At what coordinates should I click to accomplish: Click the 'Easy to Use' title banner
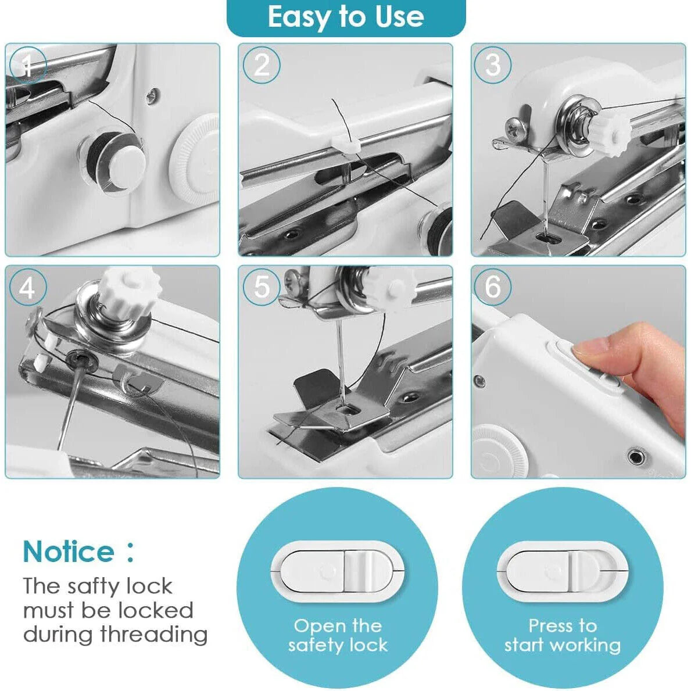click(346, 17)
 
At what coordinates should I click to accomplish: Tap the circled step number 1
click(27, 65)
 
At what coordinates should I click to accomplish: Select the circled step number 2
click(262, 65)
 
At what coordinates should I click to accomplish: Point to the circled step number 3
click(493, 65)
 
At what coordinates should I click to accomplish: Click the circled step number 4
click(27, 287)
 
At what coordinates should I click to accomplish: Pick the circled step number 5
click(262, 287)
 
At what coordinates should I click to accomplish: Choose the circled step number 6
click(493, 287)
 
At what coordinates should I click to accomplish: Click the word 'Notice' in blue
click(69, 552)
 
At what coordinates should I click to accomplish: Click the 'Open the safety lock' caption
click(338, 635)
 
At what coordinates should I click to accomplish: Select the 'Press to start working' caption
click(563, 635)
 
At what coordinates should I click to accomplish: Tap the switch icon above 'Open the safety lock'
click(338, 571)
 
